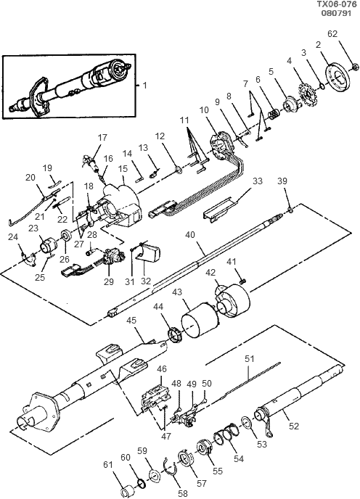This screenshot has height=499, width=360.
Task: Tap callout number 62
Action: pyautogui.click(x=333, y=34)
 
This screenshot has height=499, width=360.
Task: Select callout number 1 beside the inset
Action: pyautogui.click(x=144, y=85)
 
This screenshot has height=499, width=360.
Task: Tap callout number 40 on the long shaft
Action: pyautogui.click(x=191, y=234)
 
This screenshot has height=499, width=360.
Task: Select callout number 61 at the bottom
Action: pyautogui.click(x=107, y=464)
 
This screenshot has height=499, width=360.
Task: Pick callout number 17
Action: pyautogui.click(x=102, y=136)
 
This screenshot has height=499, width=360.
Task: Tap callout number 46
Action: pyautogui.click(x=162, y=369)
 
